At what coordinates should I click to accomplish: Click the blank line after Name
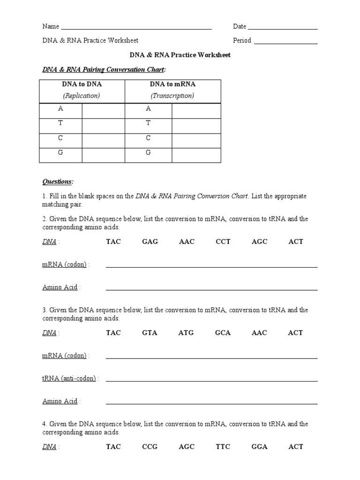(136, 28)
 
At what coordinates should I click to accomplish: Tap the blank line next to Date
(283, 28)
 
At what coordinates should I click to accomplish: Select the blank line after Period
(285, 43)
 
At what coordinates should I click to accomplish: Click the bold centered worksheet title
(180, 55)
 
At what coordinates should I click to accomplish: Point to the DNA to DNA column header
(82, 84)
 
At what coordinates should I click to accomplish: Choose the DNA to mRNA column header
(172, 84)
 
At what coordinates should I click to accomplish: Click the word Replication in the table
(82, 96)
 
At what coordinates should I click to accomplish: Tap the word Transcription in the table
(172, 96)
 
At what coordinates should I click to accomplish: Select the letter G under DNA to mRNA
(148, 153)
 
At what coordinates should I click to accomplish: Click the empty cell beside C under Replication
(103, 140)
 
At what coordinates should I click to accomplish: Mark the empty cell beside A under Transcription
(196, 111)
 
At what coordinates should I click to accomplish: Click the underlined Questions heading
(58, 181)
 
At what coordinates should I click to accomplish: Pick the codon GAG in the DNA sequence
(150, 242)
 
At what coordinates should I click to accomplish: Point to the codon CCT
(223, 242)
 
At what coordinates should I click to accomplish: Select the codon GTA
(150, 333)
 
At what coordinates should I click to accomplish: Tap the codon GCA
(223, 333)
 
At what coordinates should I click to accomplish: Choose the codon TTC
(223, 447)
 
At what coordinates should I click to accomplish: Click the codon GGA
(259, 447)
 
